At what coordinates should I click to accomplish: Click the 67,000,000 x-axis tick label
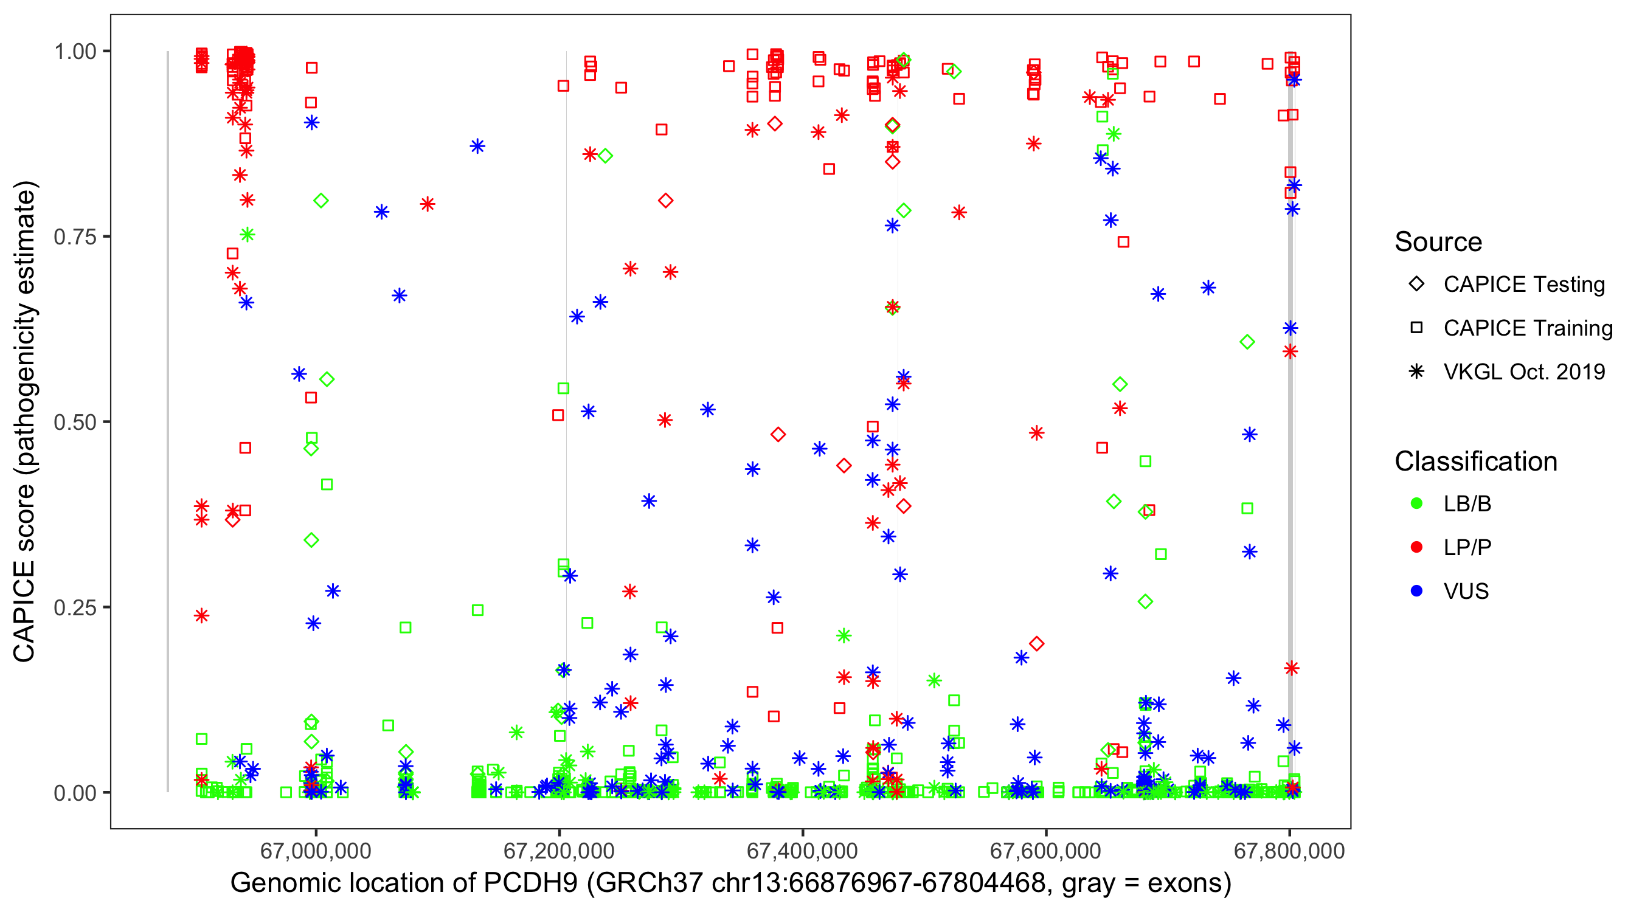click(316, 851)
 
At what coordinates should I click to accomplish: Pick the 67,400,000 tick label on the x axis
click(802, 851)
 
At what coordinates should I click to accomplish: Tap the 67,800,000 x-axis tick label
click(1289, 851)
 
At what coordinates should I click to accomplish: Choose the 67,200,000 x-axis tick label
click(558, 851)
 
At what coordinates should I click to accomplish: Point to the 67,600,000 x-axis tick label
click(1045, 851)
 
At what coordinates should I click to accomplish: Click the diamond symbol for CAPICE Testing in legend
click(1416, 285)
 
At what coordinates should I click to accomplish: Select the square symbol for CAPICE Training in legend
click(1416, 328)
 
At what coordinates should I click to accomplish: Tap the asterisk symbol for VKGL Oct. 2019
click(1416, 371)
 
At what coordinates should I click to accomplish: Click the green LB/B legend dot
click(1416, 504)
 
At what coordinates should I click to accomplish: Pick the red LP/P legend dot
click(1416, 547)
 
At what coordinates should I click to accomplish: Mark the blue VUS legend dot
click(1416, 592)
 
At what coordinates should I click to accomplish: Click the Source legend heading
click(1438, 242)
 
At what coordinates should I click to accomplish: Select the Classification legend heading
click(1475, 461)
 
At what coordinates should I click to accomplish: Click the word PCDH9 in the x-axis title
click(530, 883)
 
